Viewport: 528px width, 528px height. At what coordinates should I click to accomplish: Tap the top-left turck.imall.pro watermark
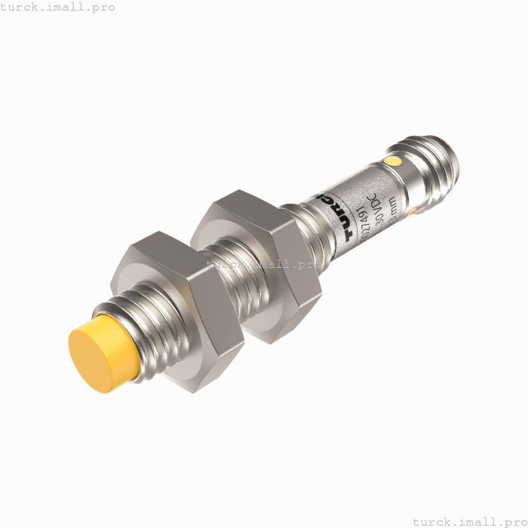[58, 7]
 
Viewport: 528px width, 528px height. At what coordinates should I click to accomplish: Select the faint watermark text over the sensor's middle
[264, 264]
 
